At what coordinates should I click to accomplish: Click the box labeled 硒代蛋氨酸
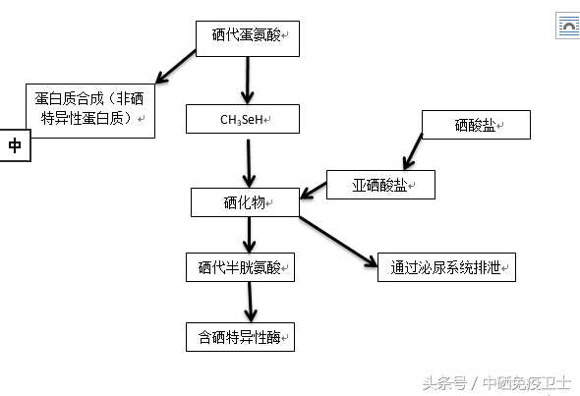click(247, 36)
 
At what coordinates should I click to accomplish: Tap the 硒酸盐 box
click(476, 124)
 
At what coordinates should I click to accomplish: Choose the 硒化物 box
click(245, 202)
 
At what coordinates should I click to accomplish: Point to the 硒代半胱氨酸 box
click(241, 266)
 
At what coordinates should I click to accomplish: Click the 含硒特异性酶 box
click(241, 336)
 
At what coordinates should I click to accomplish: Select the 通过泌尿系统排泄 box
click(446, 266)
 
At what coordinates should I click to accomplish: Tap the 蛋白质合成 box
click(89, 110)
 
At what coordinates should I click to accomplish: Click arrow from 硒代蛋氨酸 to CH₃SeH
click(248, 77)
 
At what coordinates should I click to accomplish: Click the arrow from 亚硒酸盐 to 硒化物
click(315, 190)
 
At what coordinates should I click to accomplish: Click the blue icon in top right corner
click(568, 27)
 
